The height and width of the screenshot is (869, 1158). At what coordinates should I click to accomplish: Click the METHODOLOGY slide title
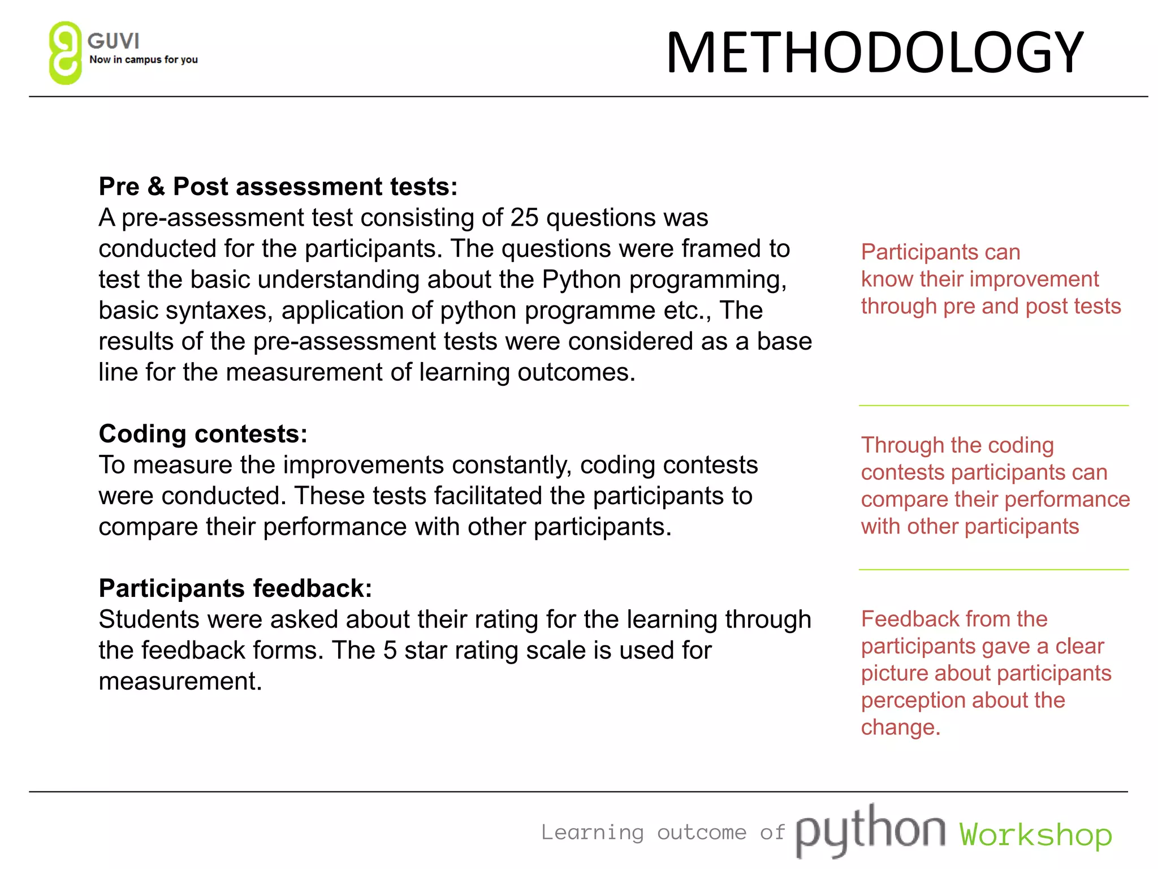click(x=874, y=53)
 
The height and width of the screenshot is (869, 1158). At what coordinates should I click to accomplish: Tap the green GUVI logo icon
click(x=65, y=53)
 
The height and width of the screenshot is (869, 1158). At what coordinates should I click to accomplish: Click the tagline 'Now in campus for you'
click(x=144, y=59)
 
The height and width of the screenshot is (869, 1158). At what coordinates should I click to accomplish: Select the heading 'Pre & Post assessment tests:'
click(x=278, y=187)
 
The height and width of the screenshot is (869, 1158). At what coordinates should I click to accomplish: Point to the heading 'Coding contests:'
click(x=203, y=434)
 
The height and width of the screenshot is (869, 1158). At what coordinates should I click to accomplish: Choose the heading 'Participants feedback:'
click(x=235, y=588)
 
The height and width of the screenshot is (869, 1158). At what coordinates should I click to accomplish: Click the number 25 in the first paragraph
click(x=524, y=218)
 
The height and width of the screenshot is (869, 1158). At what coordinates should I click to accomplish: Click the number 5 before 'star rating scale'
click(x=390, y=651)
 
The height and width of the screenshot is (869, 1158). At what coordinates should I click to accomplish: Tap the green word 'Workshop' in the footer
click(x=1035, y=834)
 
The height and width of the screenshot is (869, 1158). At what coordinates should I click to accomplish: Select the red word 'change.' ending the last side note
click(x=900, y=728)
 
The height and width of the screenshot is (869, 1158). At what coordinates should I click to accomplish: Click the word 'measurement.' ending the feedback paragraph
click(x=180, y=682)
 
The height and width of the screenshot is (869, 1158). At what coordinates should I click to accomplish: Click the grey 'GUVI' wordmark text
click(x=114, y=41)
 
